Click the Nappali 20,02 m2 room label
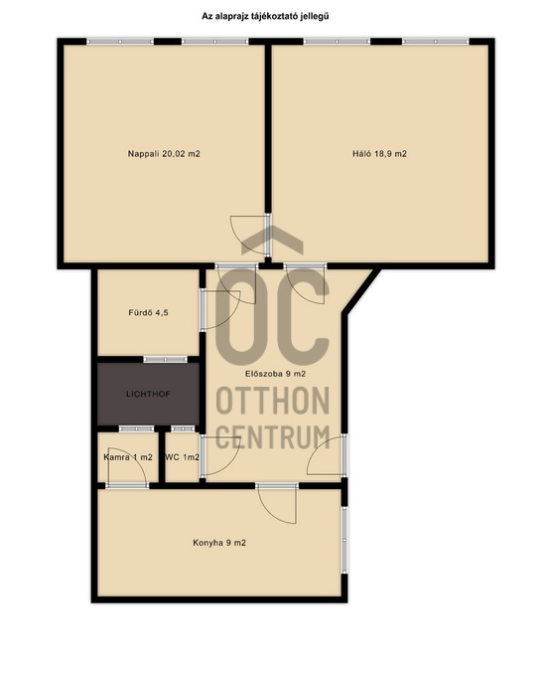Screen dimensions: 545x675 pyautogui.click(x=164, y=154)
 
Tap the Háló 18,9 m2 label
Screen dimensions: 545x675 pyautogui.click(x=379, y=154)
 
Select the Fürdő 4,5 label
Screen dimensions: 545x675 pyautogui.click(x=148, y=312)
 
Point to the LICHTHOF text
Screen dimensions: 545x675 pyautogui.click(x=148, y=394)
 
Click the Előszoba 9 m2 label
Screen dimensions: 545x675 pyautogui.click(x=275, y=374)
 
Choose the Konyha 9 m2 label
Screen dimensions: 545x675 pyautogui.click(x=219, y=543)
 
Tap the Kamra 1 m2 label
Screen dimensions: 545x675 pyautogui.click(x=128, y=457)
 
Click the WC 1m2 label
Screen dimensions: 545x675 pyautogui.click(x=183, y=457)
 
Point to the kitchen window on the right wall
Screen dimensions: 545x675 pyautogui.click(x=344, y=540)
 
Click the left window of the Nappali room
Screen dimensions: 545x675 pyautogui.click(x=120, y=42)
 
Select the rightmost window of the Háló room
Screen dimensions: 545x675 pyautogui.click(x=436, y=42)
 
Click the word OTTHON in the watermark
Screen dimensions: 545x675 pyautogui.click(x=272, y=401)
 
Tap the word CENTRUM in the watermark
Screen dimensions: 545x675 pyautogui.click(x=272, y=436)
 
